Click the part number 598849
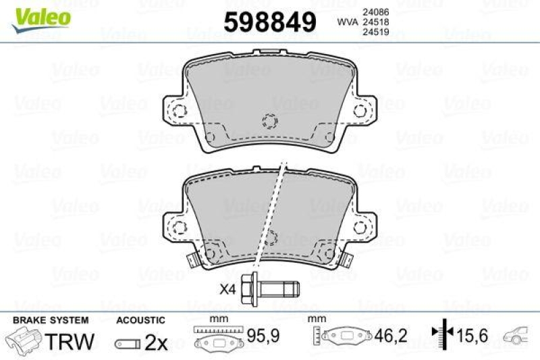click(269, 23)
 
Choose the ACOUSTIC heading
click(140, 320)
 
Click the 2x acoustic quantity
click(157, 342)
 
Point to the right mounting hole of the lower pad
click(367, 228)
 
